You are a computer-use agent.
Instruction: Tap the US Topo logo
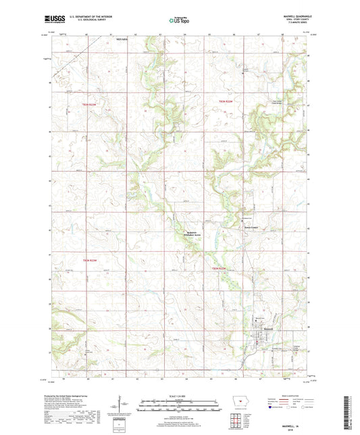click(178, 20)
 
